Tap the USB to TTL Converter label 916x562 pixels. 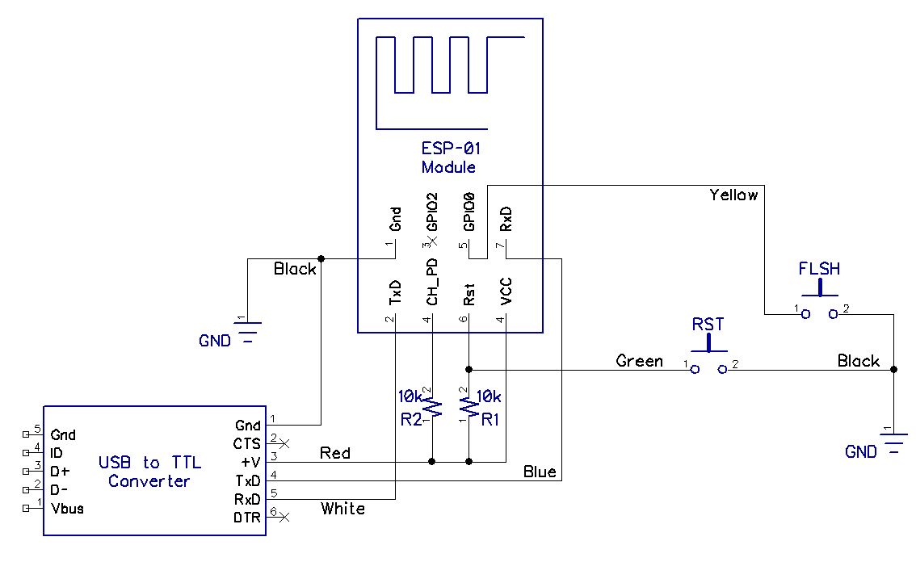coord(149,472)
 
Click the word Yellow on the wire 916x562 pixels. coord(733,195)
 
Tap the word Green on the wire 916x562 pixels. coord(639,360)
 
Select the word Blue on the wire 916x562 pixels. coord(540,472)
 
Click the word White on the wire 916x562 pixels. coord(343,508)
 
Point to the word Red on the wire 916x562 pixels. coord(334,453)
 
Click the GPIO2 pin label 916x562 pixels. coord(431,212)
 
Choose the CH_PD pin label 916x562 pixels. coord(431,282)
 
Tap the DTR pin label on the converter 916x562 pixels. coord(246,518)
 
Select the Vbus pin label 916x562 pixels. coord(67,508)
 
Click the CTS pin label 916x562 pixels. coord(246,444)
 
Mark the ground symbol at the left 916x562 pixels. coord(248,331)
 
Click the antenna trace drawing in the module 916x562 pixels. coord(450,82)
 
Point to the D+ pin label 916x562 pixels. coord(60,472)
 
